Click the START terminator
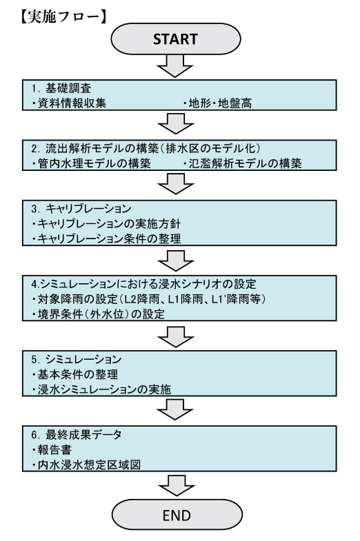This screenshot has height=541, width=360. tap(175, 39)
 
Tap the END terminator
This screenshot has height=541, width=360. tap(177, 515)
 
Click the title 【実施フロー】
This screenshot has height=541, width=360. tap(63, 16)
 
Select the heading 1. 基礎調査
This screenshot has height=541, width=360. tap(61, 88)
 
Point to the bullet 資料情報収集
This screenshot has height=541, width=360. tap(69, 103)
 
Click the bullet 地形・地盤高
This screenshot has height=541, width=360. tap(217, 103)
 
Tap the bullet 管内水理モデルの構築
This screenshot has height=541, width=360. tap(91, 163)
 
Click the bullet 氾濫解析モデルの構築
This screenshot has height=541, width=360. tap(242, 163)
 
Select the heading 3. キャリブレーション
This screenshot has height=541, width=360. tap(81, 209)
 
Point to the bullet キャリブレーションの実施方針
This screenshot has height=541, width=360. tap(106, 223)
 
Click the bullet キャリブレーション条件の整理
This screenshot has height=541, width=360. tap(106, 238)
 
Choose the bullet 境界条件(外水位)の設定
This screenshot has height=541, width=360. tap(98, 314)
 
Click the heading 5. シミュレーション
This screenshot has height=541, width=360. tap(77, 359)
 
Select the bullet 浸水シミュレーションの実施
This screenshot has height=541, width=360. tap(101, 389)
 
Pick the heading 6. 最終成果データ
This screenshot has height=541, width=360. tap(77, 434)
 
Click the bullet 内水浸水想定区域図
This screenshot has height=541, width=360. tap(86, 465)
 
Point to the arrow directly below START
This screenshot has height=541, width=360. tap(175, 66)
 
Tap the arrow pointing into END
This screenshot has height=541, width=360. tap(177, 486)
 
